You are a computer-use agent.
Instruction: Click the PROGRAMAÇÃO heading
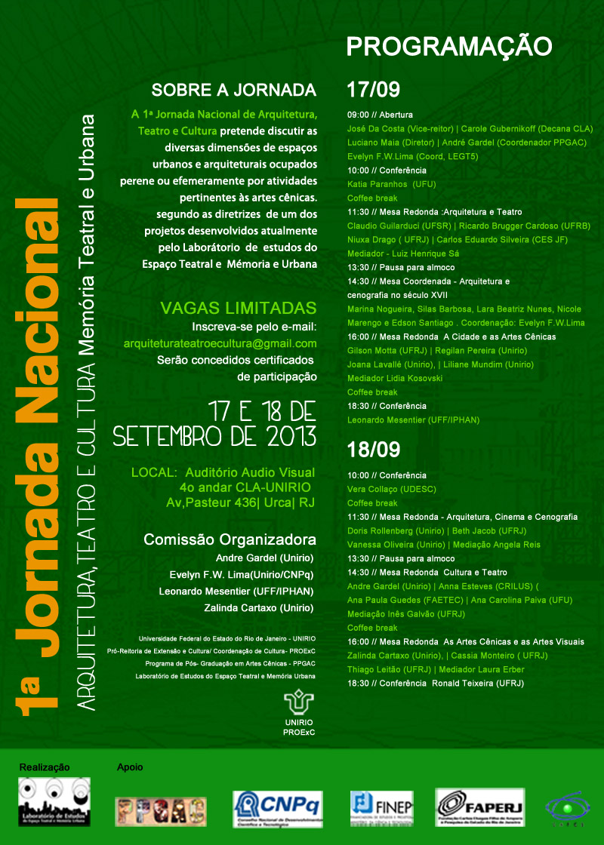(449, 47)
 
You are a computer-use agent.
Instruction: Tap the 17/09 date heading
(373, 91)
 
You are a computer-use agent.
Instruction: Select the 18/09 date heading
(373, 450)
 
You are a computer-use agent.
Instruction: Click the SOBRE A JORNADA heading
(233, 91)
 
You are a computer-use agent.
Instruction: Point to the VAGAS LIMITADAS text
(239, 308)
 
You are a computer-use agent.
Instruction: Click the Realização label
(45, 767)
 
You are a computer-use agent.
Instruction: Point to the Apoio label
(130, 767)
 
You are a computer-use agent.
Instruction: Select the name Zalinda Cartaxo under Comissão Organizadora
(259, 607)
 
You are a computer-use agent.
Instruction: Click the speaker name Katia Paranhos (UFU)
(391, 184)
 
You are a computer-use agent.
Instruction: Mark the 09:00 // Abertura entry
(380, 115)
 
